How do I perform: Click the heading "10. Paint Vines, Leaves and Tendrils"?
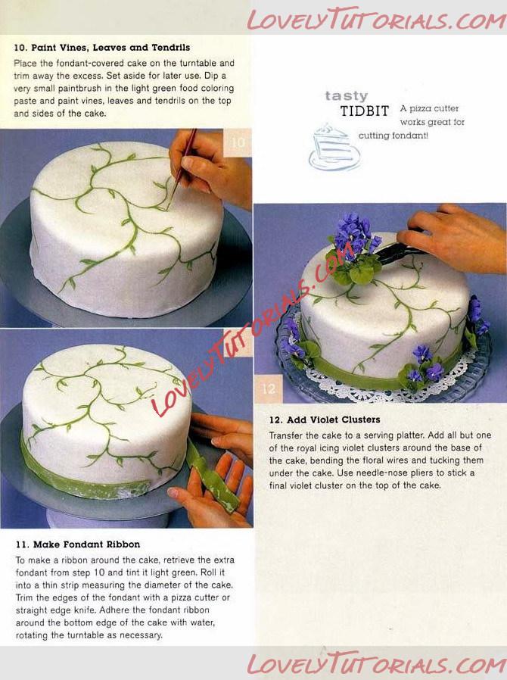tap(102, 48)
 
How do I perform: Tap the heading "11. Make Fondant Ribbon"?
tap(78, 544)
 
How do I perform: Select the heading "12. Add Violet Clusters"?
tap(325, 420)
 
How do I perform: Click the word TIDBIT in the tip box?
tap(365, 111)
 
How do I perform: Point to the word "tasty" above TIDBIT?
tap(347, 96)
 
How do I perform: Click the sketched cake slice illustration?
tap(334, 148)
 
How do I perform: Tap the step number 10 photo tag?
tap(238, 142)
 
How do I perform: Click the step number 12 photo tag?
tap(268, 388)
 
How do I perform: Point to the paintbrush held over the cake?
tap(181, 169)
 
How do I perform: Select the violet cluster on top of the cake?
tap(354, 248)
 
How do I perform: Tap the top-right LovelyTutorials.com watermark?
tap(376, 20)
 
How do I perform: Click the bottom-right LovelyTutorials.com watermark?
tap(376, 664)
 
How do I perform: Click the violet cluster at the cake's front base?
tap(421, 368)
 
